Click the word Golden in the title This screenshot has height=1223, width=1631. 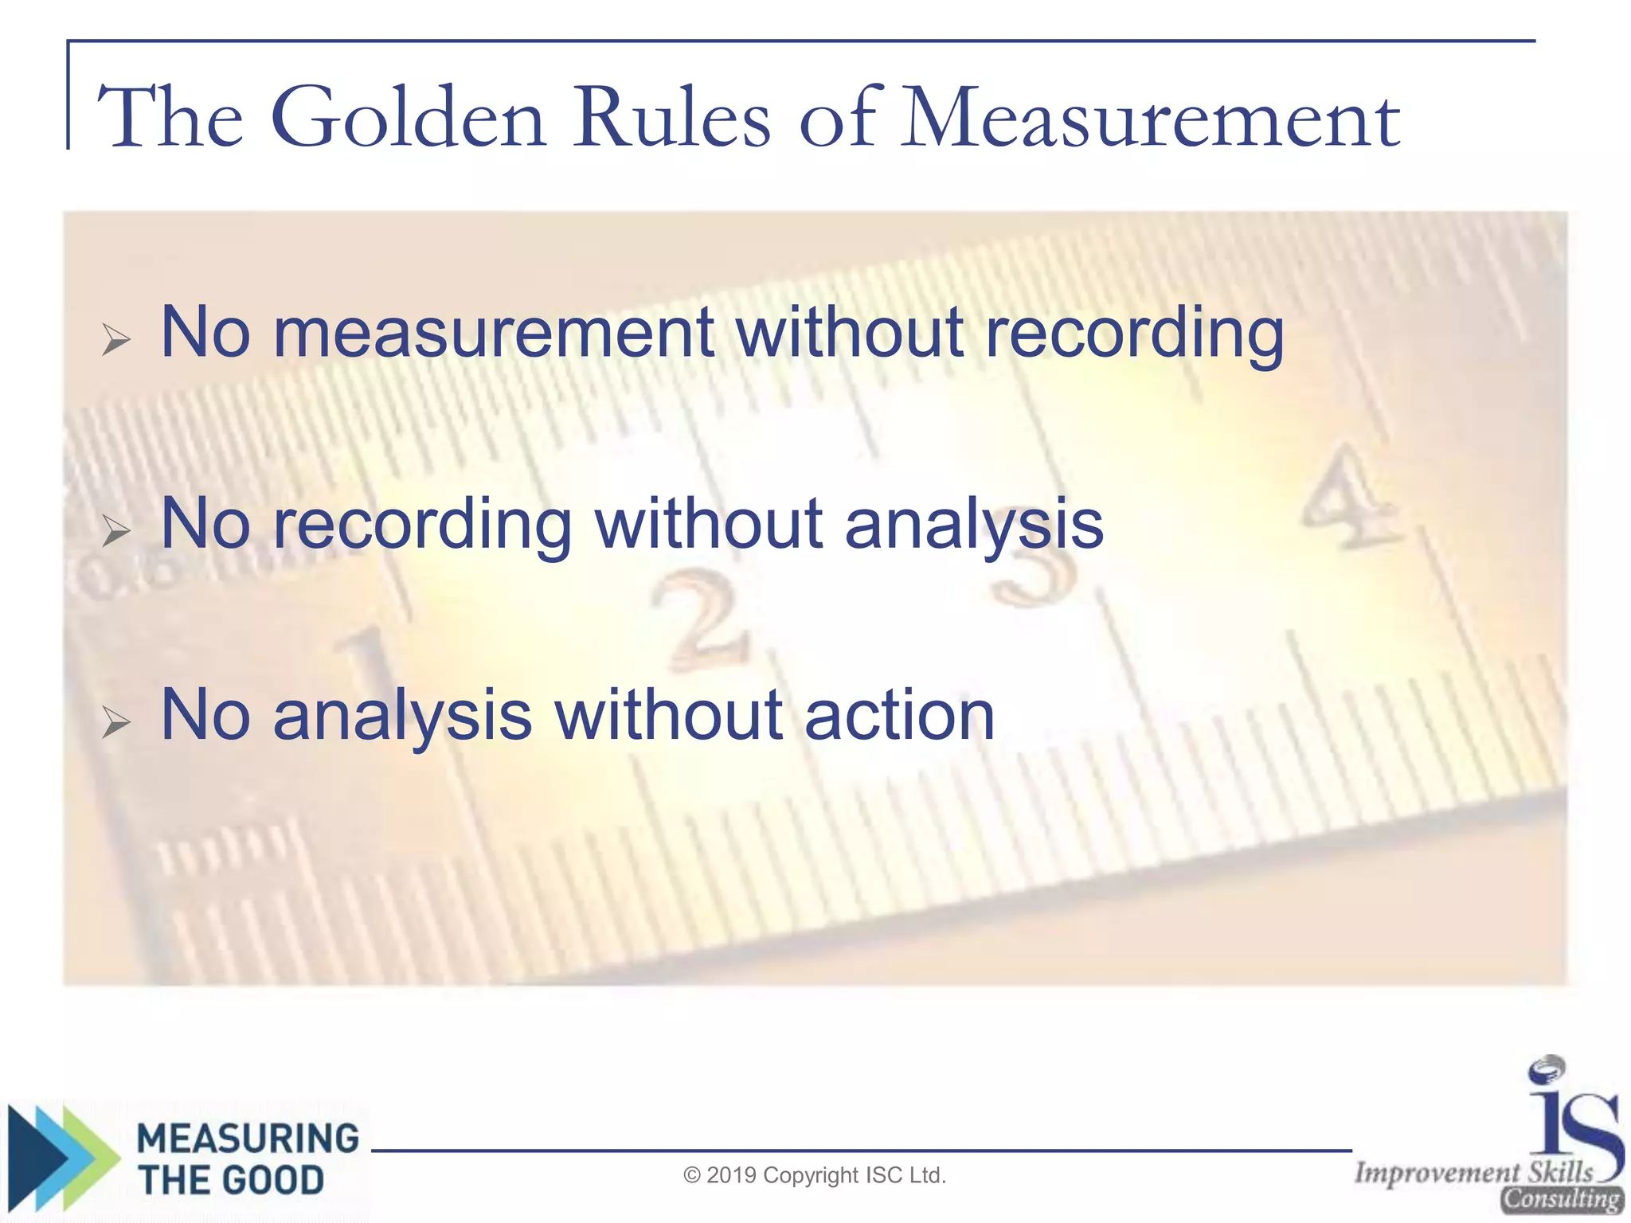[408, 119]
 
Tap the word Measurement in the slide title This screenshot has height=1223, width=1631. [1151, 119]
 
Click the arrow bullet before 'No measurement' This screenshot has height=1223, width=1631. [116, 340]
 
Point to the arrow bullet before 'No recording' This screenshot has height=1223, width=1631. [116, 531]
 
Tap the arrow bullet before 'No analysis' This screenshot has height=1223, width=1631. [116, 722]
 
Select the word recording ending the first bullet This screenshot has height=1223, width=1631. [1134, 334]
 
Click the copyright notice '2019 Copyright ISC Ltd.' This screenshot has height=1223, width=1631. [815, 1175]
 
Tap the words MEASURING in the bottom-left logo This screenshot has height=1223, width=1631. [248, 1139]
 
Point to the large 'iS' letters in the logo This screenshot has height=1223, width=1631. [1573, 1115]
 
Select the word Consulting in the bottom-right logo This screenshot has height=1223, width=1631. [1561, 1199]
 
